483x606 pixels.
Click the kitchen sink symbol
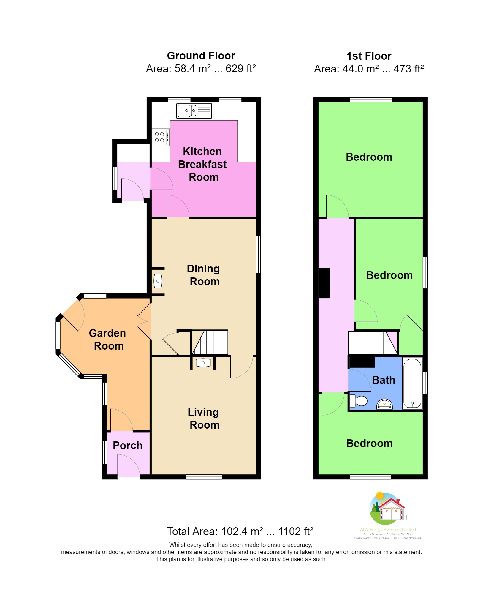point(194,111)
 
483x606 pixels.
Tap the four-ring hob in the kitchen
point(160,137)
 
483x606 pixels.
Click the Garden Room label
point(108,340)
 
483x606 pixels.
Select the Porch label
point(128,445)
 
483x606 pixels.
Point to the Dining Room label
point(204,275)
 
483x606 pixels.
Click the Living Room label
point(204,418)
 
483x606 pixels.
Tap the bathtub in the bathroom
point(412,383)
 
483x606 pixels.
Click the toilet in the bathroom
point(359,401)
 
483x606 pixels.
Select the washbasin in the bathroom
point(384,404)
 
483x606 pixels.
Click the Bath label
point(384,380)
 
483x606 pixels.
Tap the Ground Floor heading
point(201,56)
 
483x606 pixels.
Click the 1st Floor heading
point(369,56)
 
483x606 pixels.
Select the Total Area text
point(240,531)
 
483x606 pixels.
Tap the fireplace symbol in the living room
point(203,363)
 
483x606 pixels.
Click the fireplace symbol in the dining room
point(158,281)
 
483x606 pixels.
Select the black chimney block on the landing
point(324,283)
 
